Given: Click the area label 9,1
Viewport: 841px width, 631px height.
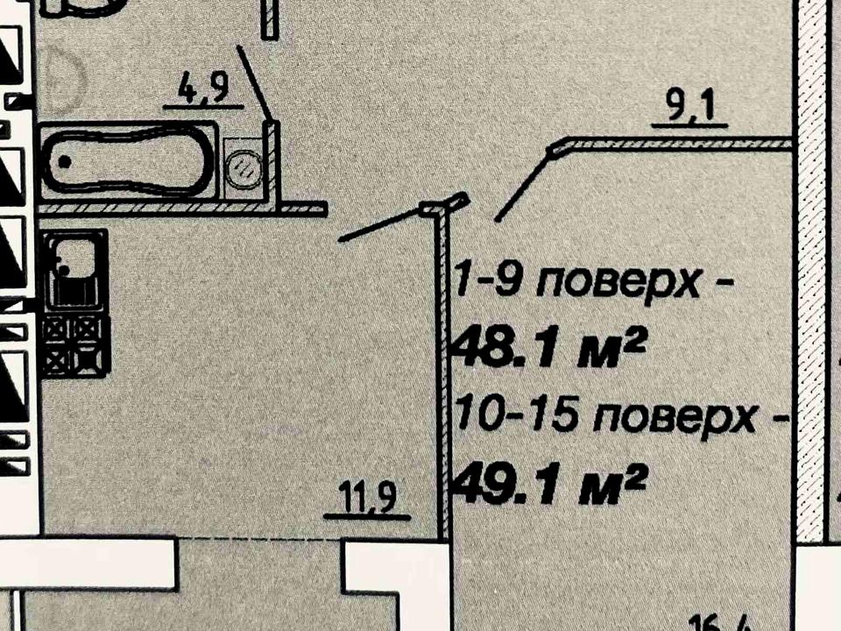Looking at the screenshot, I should pos(690,109).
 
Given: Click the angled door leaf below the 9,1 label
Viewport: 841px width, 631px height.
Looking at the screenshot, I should pos(523,184).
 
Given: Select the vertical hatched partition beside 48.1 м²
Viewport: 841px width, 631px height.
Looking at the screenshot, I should pos(443,377).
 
